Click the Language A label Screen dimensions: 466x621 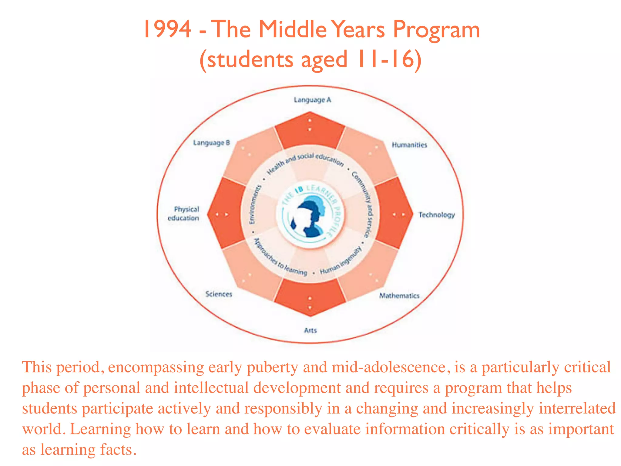pos(312,100)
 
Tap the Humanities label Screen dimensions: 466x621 pos(409,145)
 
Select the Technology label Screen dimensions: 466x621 pos(436,215)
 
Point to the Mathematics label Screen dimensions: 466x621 pos(399,295)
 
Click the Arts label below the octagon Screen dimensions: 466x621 pos(310,330)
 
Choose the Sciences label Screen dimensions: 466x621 pos(219,294)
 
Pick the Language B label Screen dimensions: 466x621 pos(212,143)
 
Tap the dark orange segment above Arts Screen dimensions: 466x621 pos(310,296)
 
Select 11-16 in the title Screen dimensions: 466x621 pos(385,59)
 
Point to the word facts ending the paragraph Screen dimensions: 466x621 pos(116,450)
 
